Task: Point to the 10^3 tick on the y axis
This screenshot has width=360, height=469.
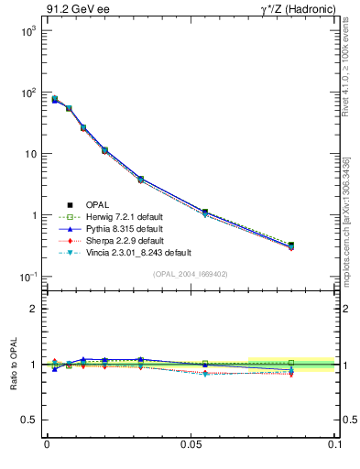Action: [27, 31]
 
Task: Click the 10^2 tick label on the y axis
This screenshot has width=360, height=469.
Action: [27, 93]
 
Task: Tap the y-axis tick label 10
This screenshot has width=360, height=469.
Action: [29, 154]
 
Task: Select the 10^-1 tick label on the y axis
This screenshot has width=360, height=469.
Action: [27, 277]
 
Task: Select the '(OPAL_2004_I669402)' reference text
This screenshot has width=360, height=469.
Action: [190, 274]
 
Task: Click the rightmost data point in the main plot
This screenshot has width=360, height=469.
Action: [290, 245]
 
